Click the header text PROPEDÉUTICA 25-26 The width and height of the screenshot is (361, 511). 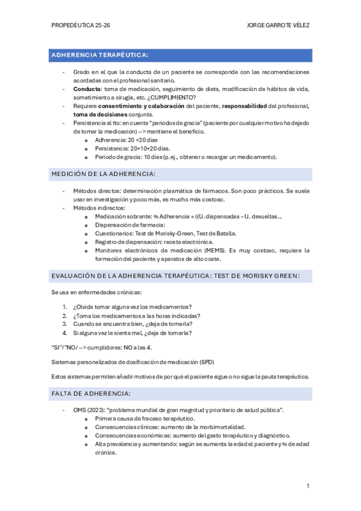tap(81, 27)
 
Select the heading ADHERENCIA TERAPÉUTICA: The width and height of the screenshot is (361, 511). tap(100, 55)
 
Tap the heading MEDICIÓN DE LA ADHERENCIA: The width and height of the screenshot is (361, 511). tap(104, 174)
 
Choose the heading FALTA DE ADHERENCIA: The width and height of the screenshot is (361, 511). tap(91, 393)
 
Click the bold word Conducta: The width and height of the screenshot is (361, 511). tap(87, 89)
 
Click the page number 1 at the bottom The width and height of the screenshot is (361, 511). tap(308, 486)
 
